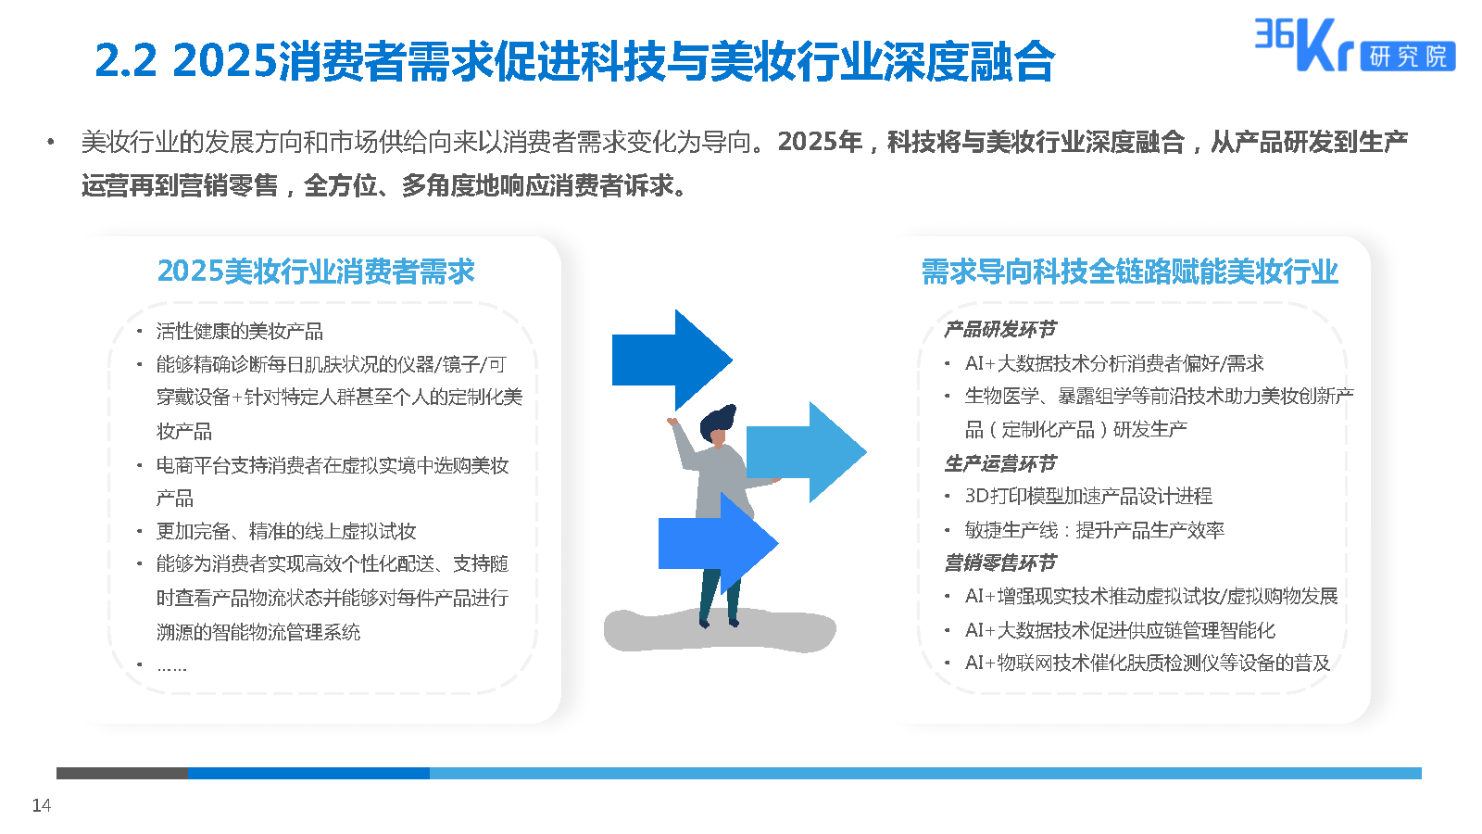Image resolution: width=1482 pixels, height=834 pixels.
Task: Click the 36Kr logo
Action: (1354, 44)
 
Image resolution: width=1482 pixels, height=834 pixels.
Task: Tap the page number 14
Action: (41, 805)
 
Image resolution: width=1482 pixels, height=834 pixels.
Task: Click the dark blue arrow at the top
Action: (672, 360)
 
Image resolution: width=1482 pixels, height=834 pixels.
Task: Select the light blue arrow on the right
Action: (807, 452)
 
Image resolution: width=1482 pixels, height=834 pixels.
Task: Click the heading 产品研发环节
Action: (999, 329)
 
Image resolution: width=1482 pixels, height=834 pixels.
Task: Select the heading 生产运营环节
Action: (999, 463)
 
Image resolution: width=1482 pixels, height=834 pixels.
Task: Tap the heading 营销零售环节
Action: (999, 563)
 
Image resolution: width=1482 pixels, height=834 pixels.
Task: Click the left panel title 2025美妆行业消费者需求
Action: (316, 272)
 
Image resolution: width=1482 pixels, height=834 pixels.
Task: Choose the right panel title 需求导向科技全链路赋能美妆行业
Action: (1130, 272)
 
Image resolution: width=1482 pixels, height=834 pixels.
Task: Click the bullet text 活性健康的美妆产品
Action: (240, 331)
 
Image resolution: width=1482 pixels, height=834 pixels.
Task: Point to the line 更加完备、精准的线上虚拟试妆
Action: (286, 531)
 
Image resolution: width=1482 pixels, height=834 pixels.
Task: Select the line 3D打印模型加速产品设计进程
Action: (1088, 496)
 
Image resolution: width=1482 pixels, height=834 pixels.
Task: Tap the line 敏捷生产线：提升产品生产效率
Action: (1094, 529)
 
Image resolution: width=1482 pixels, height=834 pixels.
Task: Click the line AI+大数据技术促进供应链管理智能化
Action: (1120, 629)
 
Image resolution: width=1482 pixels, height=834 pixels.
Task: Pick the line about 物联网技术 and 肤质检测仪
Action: (1148, 663)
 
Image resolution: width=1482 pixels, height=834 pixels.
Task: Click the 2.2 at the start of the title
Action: (126, 61)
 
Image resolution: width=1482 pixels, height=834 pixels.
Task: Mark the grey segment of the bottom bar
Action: (122, 773)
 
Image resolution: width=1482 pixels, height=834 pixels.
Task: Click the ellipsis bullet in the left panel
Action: (172, 668)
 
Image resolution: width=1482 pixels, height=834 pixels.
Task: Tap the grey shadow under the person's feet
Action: (720, 630)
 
